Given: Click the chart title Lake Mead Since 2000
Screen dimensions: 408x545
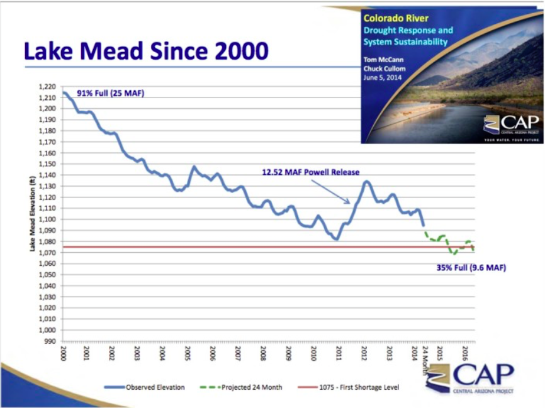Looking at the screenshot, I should pos(146,51).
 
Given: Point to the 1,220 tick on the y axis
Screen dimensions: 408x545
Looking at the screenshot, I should pos(47,87).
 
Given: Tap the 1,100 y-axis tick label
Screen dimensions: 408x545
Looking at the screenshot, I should pos(47,219).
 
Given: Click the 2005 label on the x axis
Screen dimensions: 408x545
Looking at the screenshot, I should pos(187,352).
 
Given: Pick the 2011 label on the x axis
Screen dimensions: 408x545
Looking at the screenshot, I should pos(339,352).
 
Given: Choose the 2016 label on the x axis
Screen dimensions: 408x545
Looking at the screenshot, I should pos(464,352).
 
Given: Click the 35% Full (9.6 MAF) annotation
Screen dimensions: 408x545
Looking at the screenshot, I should pos(471,268).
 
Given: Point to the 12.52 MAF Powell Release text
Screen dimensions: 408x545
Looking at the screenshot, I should pos(311,171).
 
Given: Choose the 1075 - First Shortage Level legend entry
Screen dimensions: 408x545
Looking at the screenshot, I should pos(354,387).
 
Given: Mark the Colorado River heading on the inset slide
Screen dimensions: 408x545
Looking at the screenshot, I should pos(387,19).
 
